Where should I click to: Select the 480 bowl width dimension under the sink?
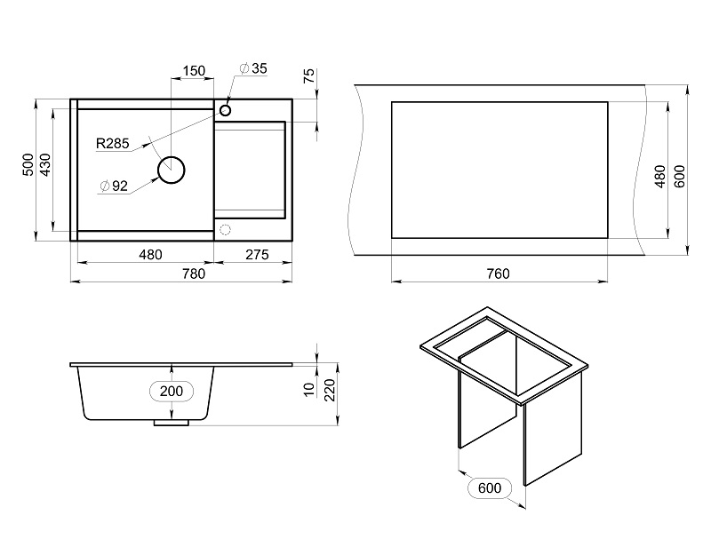pyautogui.click(x=150, y=255)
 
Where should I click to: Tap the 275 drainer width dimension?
pyautogui.click(x=256, y=255)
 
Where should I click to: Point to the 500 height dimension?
pyautogui.click(x=28, y=164)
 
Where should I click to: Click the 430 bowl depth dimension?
pyautogui.click(x=45, y=164)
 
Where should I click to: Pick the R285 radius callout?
pyautogui.click(x=113, y=142)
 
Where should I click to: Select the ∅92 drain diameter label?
pyautogui.click(x=115, y=186)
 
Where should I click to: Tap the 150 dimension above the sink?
pyautogui.click(x=193, y=71)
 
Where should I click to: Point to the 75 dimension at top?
pyautogui.click(x=308, y=75)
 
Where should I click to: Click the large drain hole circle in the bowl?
pyautogui.click(x=171, y=169)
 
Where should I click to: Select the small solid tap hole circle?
pyautogui.click(x=225, y=110)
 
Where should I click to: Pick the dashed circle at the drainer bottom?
pyautogui.click(x=225, y=230)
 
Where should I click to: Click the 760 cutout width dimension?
pyautogui.click(x=498, y=273)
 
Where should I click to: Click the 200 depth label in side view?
pyautogui.click(x=172, y=391)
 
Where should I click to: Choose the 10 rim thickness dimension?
pyautogui.click(x=308, y=389)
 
